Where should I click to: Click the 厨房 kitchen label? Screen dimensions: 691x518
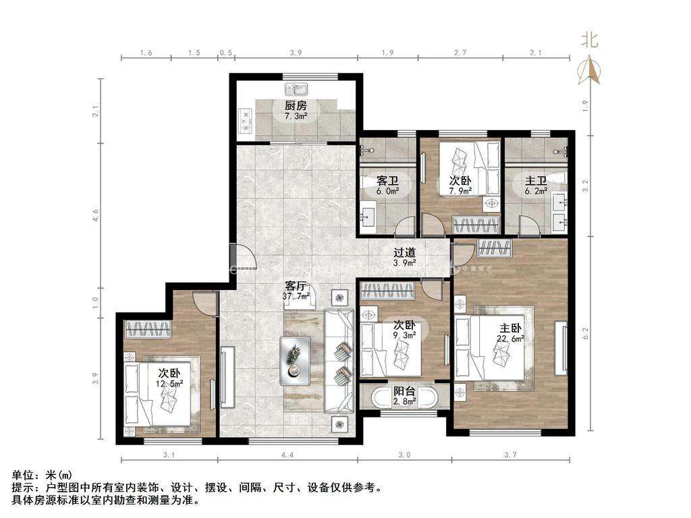[296, 105]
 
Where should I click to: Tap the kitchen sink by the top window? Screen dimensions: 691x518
[296, 90]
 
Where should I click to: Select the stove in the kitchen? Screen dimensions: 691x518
[246, 121]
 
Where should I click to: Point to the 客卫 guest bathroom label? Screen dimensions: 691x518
[388, 181]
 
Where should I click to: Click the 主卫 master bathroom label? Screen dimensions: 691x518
[536, 181]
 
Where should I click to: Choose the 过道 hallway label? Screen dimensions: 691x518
[405, 252]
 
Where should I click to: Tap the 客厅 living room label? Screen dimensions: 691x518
[296, 286]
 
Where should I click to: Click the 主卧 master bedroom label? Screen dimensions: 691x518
[510, 328]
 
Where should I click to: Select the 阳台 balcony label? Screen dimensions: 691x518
[404, 391]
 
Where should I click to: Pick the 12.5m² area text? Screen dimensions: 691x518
[169, 383]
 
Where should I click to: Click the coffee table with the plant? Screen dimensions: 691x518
[295, 361]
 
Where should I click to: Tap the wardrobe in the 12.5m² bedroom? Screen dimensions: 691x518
[148, 329]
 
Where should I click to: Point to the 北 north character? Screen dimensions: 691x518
[589, 40]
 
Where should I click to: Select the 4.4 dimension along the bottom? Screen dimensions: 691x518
[287, 455]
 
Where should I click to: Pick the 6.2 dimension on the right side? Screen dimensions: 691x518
[585, 333]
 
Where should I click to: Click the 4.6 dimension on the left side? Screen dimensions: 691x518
[96, 215]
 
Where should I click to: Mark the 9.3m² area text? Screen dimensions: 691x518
[404, 335]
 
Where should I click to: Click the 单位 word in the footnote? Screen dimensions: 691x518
[22, 475]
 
